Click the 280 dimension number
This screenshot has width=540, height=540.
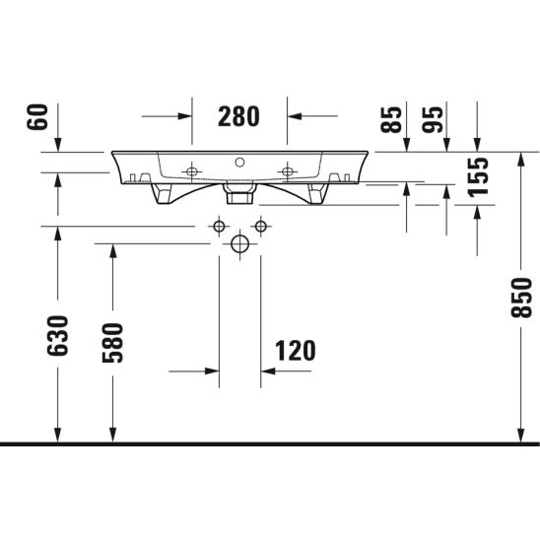pyautogui.click(x=238, y=116)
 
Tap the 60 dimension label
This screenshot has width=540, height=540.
pyautogui.click(x=37, y=116)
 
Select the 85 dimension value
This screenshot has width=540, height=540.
pyautogui.click(x=391, y=119)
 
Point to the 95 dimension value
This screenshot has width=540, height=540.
pyautogui.click(x=433, y=119)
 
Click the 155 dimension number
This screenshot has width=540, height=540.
pyautogui.click(x=478, y=177)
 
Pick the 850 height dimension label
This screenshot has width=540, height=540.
pyautogui.click(x=521, y=298)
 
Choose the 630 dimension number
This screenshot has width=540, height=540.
pyautogui.click(x=58, y=335)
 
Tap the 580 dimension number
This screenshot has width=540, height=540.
pyautogui.click(x=113, y=343)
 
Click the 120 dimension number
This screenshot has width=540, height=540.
pyautogui.click(x=296, y=351)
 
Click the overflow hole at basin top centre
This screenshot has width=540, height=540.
pyautogui.click(x=239, y=162)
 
